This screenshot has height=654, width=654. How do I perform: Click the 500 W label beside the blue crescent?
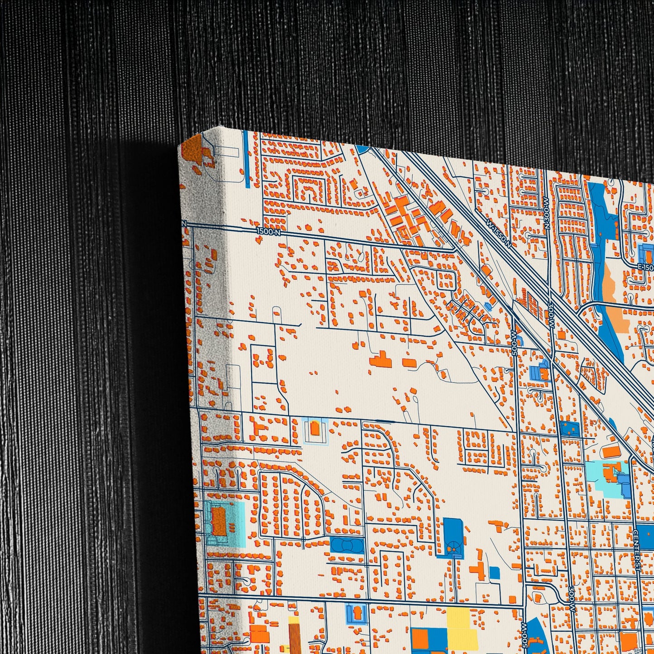(x=524, y=634)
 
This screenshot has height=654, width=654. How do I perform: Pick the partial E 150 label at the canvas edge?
(x=645, y=268)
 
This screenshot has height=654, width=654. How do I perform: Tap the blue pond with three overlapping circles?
(x=347, y=544)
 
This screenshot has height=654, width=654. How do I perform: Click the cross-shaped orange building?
(x=478, y=569)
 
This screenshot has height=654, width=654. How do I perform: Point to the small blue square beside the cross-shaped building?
(x=494, y=573)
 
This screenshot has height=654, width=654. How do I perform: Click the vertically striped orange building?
(x=294, y=638)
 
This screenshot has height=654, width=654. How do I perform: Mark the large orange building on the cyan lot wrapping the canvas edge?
(x=219, y=520)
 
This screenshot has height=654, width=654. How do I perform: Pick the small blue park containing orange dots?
(x=570, y=429)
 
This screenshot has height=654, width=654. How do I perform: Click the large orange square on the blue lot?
(x=420, y=638)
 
